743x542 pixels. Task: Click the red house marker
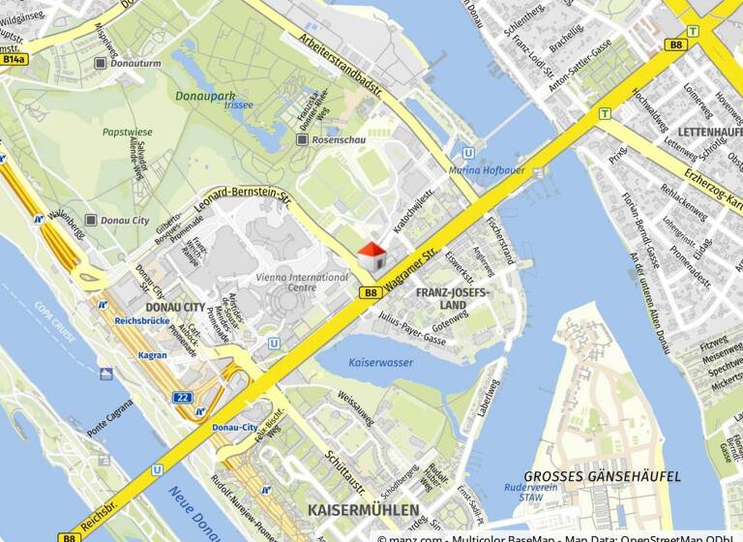372,257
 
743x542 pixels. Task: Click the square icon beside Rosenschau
302,140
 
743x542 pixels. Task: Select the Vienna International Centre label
288,282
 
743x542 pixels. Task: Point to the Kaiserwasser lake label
353,363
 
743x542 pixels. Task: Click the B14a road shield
14,59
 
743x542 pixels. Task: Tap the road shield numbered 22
182,397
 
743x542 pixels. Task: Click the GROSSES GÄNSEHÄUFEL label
602,477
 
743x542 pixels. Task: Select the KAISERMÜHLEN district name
363,510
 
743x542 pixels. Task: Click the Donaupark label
205,96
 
